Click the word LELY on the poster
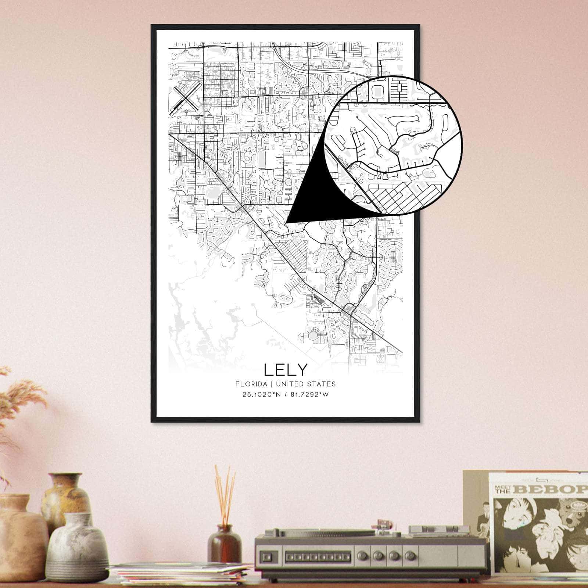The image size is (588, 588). tap(285, 370)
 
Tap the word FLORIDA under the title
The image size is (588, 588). tap(251, 384)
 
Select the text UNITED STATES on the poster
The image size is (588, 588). tap(306, 384)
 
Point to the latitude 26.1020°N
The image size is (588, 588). tap(259, 395)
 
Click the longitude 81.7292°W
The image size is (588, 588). tap(308, 395)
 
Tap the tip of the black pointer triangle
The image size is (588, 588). tap(286, 222)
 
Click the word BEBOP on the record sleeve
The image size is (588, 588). tap(555, 490)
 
